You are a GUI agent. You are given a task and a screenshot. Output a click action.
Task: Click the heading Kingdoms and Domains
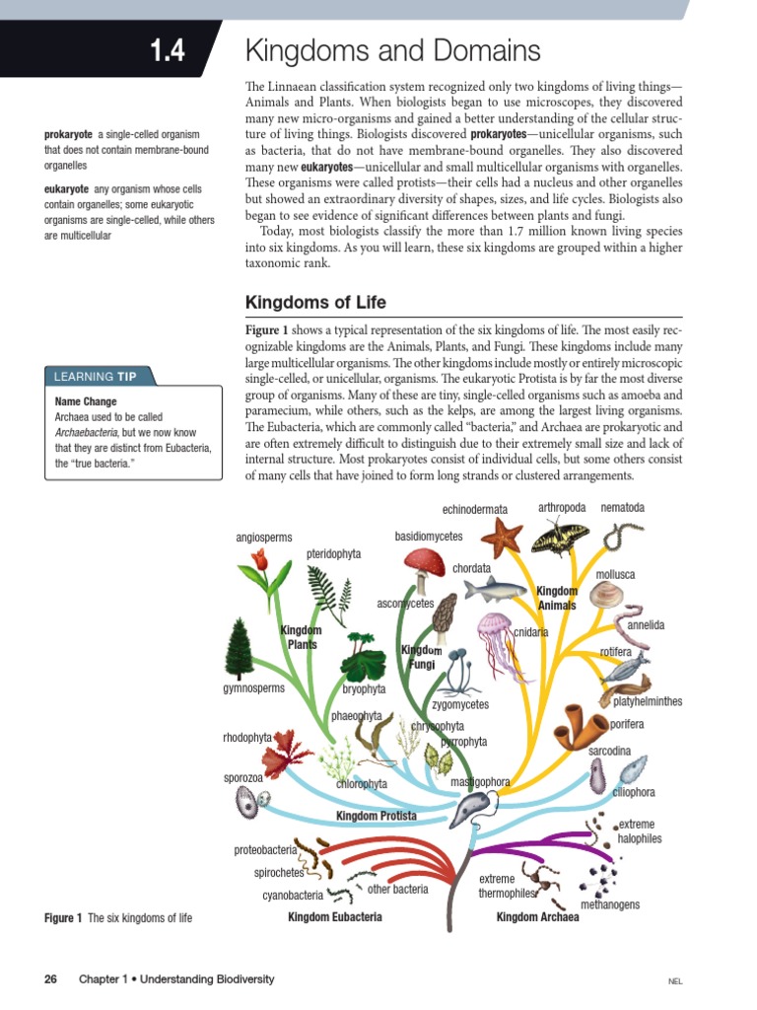point(392,51)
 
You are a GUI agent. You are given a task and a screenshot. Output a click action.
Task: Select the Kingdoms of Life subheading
point(315,302)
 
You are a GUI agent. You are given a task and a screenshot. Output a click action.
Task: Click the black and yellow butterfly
point(560,537)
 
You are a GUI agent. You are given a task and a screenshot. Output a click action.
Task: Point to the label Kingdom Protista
point(376,816)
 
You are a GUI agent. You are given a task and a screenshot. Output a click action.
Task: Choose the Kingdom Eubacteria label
point(334,917)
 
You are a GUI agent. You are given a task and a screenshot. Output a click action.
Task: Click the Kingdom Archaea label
point(537,917)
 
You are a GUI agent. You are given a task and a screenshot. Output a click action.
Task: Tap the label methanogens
point(609,904)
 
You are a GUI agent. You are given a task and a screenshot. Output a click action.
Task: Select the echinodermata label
point(474,509)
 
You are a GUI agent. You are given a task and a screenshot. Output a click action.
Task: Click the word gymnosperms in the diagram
point(253,688)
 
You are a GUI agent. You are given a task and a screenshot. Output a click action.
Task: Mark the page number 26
point(51,979)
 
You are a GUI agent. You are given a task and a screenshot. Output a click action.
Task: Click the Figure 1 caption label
point(63,918)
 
